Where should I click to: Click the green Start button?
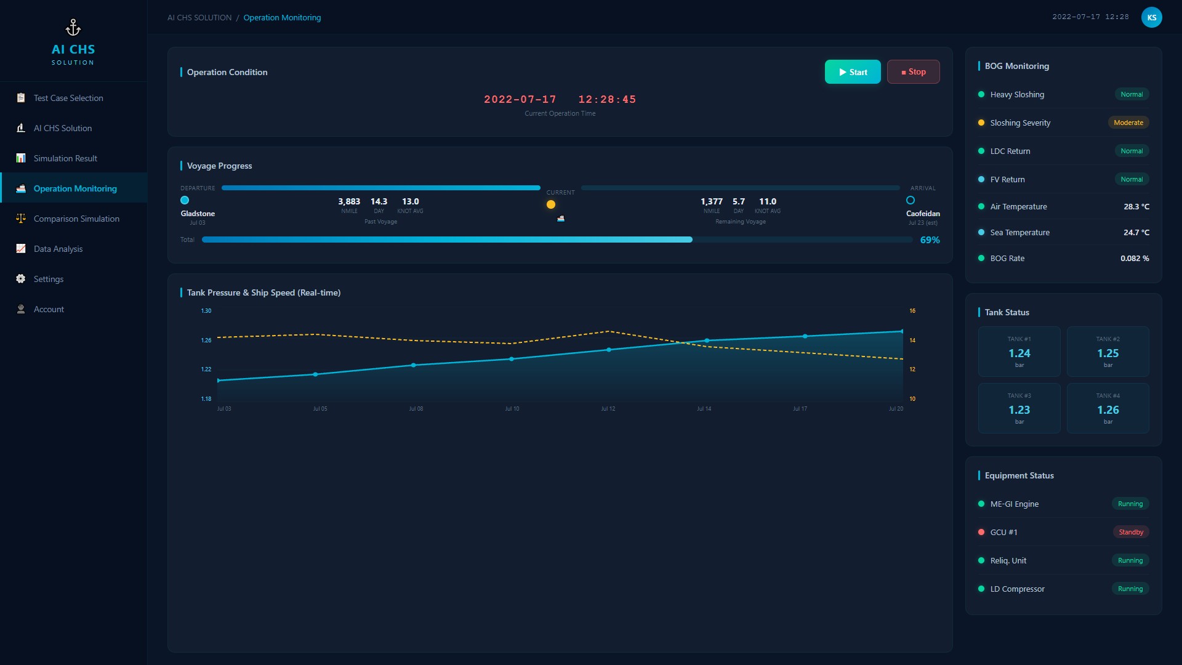click(x=853, y=72)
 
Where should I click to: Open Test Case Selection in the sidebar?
click(x=68, y=98)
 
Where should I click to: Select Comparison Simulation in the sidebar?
click(x=76, y=219)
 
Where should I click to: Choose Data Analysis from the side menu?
click(x=58, y=249)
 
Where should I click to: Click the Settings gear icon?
click(x=21, y=279)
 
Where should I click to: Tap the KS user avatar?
click(x=1152, y=17)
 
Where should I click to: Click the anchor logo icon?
click(x=73, y=28)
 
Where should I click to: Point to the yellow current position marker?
click(x=551, y=204)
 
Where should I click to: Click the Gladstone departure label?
click(x=198, y=214)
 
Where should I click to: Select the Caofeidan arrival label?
click(x=923, y=214)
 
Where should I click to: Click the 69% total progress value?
click(x=930, y=240)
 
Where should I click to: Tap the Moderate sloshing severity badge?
click(x=1128, y=123)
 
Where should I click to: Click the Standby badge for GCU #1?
click(x=1131, y=532)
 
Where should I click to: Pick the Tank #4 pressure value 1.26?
click(x=1108, y=410)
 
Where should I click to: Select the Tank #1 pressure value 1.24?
click(x=1019, y=353)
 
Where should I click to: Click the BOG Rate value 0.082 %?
click(x=1135, y=259)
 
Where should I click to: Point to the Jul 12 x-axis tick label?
click(x=608, y=409)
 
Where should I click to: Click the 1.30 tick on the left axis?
click(x=206, y=311)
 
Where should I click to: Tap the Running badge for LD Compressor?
click(x=1130, y=589)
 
